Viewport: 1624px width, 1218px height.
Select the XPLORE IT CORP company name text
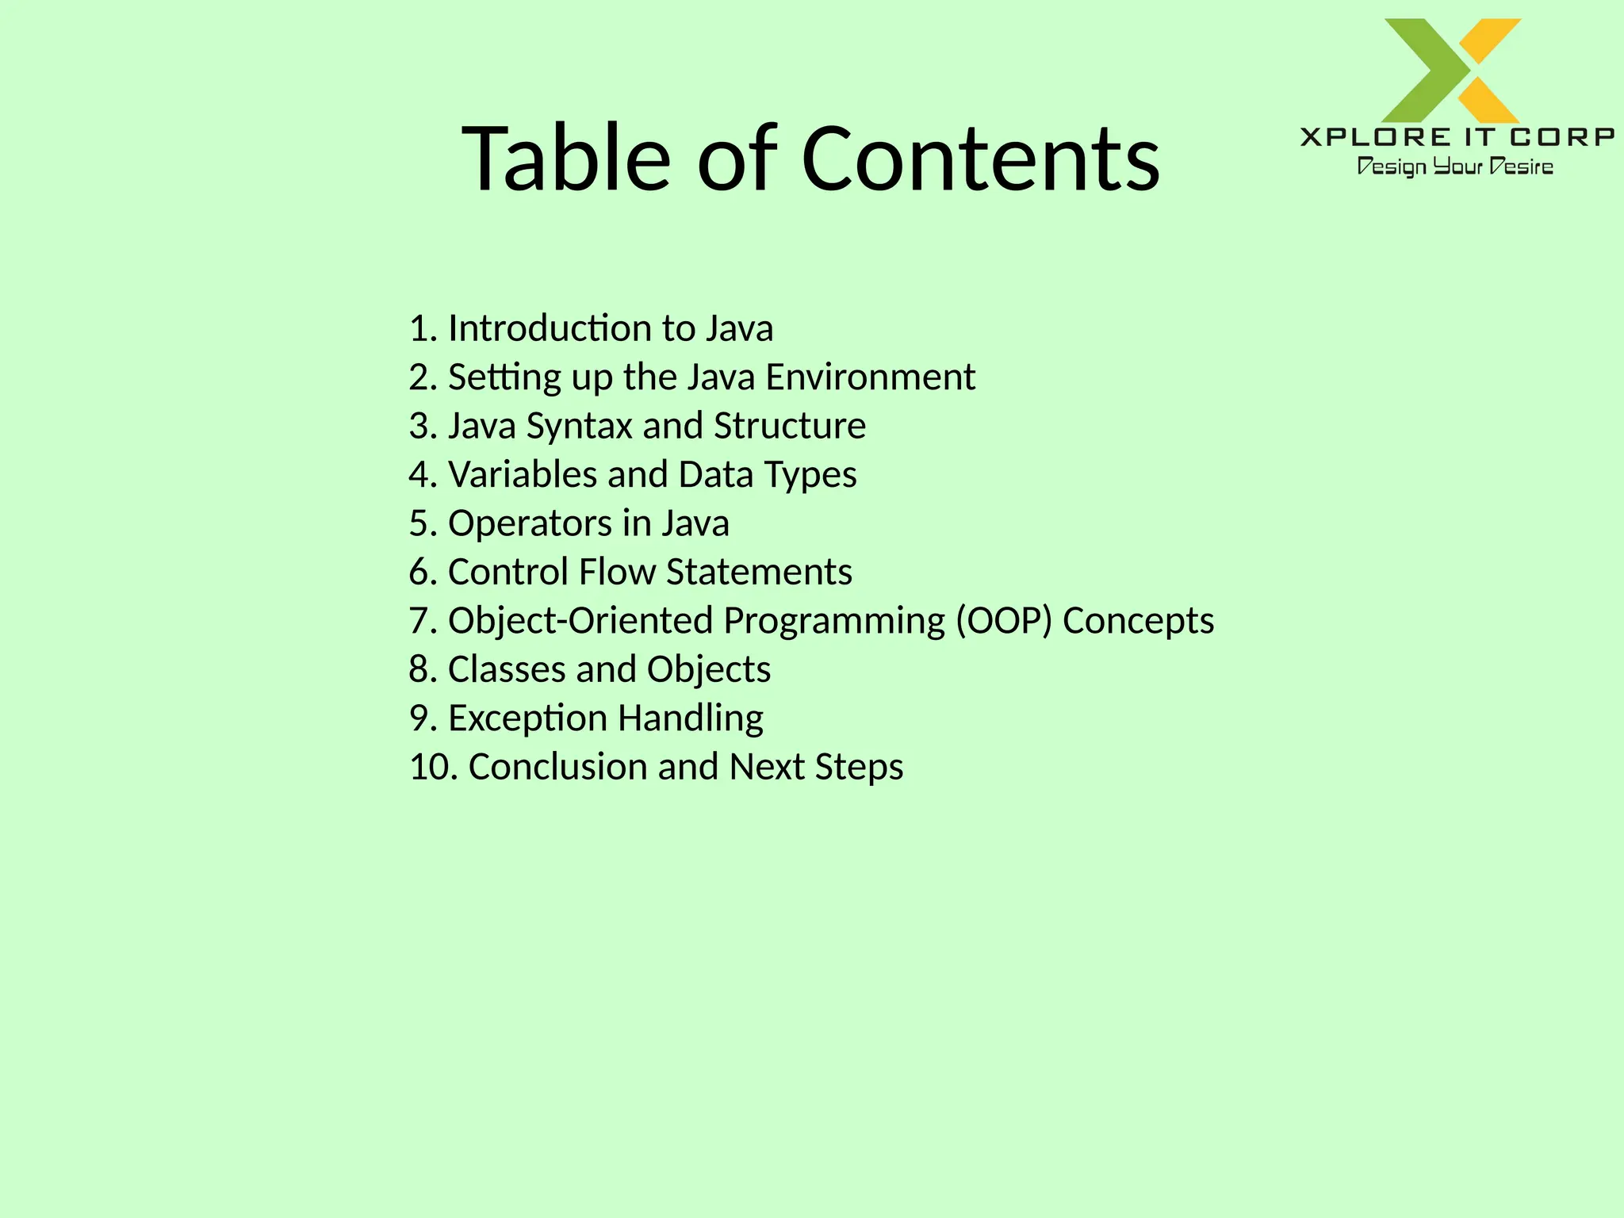pyautogui.click(x=1457, y=137)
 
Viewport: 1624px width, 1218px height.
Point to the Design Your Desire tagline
pyautogui.click(x=1455, y=167)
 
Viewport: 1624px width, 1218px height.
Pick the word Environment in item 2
pyautogui.click(x=870, y=377)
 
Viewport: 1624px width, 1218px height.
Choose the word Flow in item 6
pyautogui.click(x=617, y=572)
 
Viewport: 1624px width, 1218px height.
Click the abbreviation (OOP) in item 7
pyautogui.click(x=1003, y=621)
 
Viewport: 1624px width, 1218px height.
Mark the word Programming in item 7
pyautogui.click(x=834, y=621)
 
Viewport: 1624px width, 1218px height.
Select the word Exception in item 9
pyautogui.click(x=527, y=718)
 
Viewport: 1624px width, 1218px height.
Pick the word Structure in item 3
pyautogui.click(x=789, y=426)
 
